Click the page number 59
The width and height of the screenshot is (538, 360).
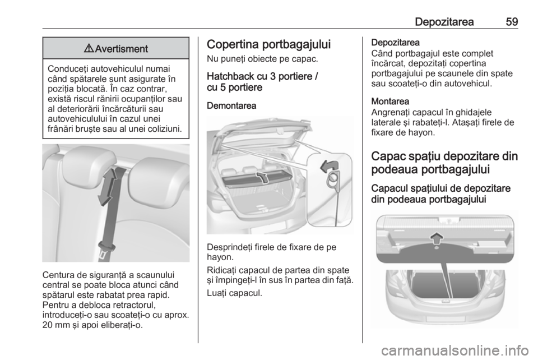[x=511, y=22]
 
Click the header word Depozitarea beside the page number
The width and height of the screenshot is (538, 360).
[x=444, y=22]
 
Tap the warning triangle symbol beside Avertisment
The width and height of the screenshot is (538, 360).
[x=90, y=49]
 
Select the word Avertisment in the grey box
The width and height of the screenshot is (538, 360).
[x=121, y=49]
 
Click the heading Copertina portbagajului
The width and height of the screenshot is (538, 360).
[x=269, y=45]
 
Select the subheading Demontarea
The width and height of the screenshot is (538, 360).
[x=231, y=105]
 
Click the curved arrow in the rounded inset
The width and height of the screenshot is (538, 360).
[x=329, y=166]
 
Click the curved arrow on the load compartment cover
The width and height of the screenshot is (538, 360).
[x=262, y=178]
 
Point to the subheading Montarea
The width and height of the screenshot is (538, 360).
[x=390, y=101]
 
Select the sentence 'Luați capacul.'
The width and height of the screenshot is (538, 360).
[x=234, y=293]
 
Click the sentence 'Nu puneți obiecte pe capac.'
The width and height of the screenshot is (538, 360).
[x=262, y=59]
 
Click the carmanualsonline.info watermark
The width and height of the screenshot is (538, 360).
[x=455, y=350]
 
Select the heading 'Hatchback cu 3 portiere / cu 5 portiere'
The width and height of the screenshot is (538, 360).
[x=263, y=82]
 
